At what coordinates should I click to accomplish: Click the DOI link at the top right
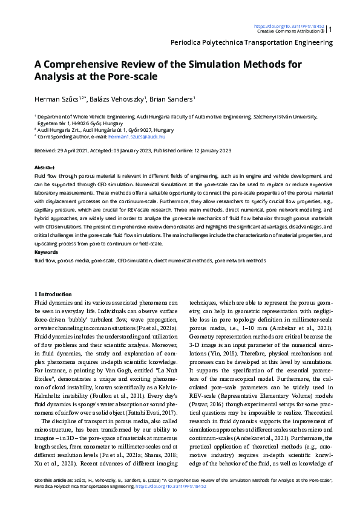(289, 26)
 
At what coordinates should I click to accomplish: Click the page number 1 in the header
(330, 29)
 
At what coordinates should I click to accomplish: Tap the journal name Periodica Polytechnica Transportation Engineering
(252, 42)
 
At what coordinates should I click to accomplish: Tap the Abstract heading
(45, 167)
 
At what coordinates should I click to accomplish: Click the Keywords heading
(47, 251)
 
